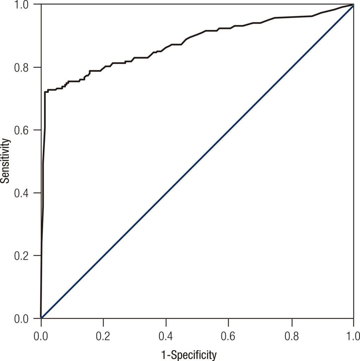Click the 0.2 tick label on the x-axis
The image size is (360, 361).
[103, 335]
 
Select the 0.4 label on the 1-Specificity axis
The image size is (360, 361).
[166, 335]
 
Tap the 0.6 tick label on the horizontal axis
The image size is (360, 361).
[228, 335]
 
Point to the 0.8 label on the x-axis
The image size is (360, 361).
[292, 335]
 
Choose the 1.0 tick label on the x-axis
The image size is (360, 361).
[353, 335]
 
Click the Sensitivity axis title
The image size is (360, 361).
[6, 161]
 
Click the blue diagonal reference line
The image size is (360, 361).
[197, 161]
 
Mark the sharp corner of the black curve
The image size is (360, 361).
[45, 92]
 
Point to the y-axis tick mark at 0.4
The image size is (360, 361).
[39, 193]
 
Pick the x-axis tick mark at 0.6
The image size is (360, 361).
[228, 321]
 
